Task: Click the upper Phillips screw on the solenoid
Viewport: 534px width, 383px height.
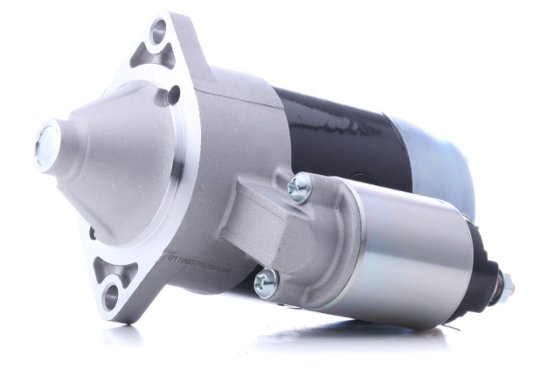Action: click(x=300, y=187)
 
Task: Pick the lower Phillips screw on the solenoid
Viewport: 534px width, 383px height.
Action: click(x=266, y=282)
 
